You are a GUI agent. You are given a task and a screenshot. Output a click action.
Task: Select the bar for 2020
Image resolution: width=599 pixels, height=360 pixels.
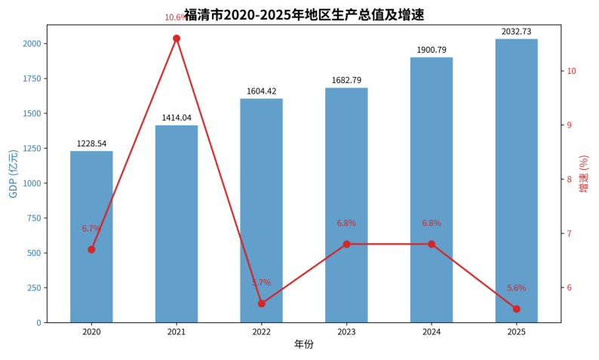point(91,237)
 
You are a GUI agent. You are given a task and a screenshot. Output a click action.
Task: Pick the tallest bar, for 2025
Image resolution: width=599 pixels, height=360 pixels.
point(516,180)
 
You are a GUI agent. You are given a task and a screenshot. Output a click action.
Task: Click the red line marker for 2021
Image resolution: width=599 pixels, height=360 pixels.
point(177,38)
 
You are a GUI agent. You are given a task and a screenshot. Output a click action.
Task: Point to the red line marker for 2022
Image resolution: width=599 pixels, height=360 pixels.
point(262,303)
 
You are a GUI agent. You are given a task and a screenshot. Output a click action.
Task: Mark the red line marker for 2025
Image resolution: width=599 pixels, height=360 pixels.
point(516,309)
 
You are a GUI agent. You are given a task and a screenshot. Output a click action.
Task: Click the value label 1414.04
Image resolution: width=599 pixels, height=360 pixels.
point(177,118)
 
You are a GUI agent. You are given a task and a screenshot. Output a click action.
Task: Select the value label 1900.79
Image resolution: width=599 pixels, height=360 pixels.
point(432,50)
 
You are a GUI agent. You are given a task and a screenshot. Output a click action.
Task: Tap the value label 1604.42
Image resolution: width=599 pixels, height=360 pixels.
point(262,91)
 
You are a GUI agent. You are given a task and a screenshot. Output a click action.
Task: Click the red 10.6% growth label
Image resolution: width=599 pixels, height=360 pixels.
point(176,17)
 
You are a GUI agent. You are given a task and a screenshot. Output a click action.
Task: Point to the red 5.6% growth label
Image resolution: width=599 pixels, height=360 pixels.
point(516,288)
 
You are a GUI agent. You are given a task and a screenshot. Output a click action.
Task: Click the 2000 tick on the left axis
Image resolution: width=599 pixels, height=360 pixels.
point(32,44)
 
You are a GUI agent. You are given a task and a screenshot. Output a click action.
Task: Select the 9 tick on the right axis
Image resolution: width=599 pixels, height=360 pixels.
point(571,125)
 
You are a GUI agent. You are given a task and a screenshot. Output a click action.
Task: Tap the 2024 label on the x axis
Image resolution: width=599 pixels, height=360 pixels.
point(432,331)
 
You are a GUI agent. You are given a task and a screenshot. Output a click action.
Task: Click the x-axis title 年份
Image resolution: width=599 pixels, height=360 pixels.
point(304,345)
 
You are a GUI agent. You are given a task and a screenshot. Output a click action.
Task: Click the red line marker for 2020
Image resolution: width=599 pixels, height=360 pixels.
point(91,249)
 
